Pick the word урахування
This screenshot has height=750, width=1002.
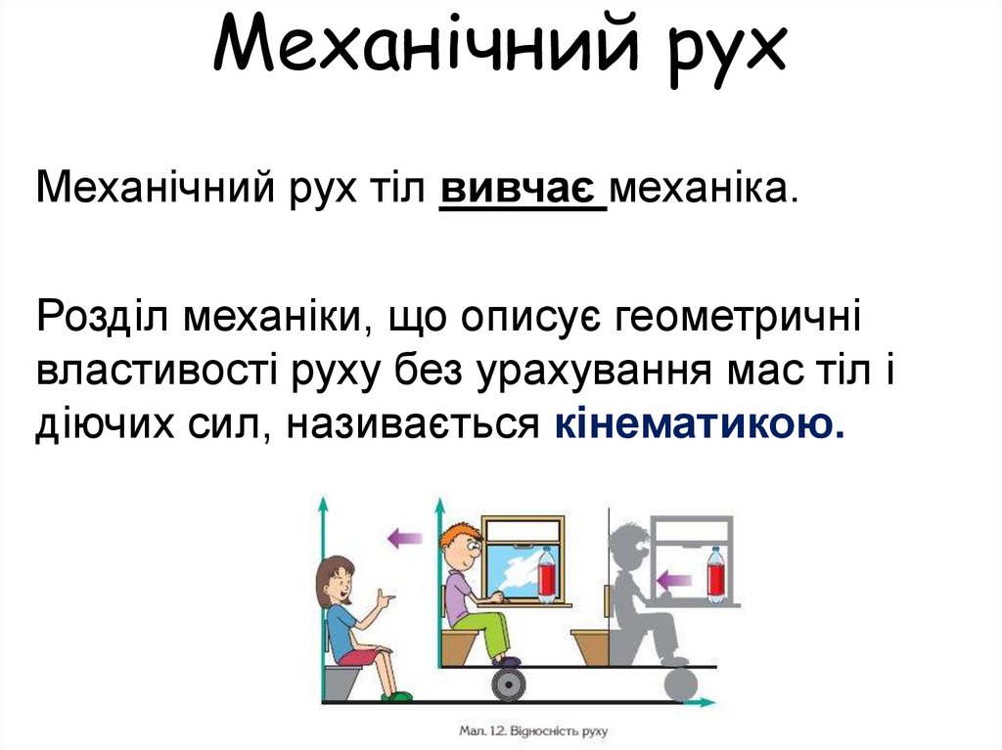pos(595,372)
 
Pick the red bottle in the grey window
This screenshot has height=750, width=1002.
pos(715,576)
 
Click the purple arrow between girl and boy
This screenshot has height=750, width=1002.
pos(403,537)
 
